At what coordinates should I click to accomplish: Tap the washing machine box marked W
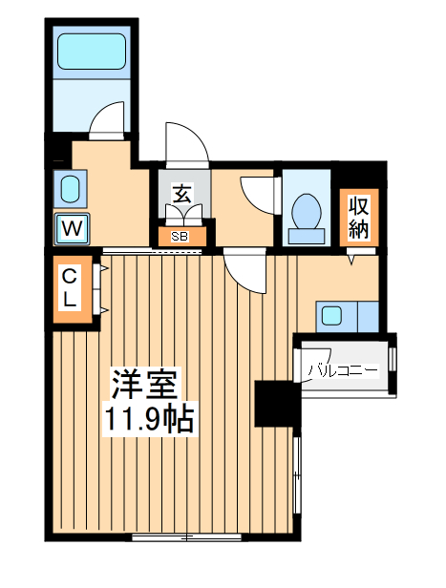point(73,228)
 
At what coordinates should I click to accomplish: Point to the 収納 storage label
point(358,217)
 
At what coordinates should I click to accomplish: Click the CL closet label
point(71,286)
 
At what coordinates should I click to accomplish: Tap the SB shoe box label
point(179,236)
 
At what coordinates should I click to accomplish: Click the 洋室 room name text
point(144,385)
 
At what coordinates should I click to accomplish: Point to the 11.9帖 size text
point(149,418)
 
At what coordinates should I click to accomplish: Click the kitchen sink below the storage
point(332,314)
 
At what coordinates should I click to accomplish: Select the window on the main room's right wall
point(298,478)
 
